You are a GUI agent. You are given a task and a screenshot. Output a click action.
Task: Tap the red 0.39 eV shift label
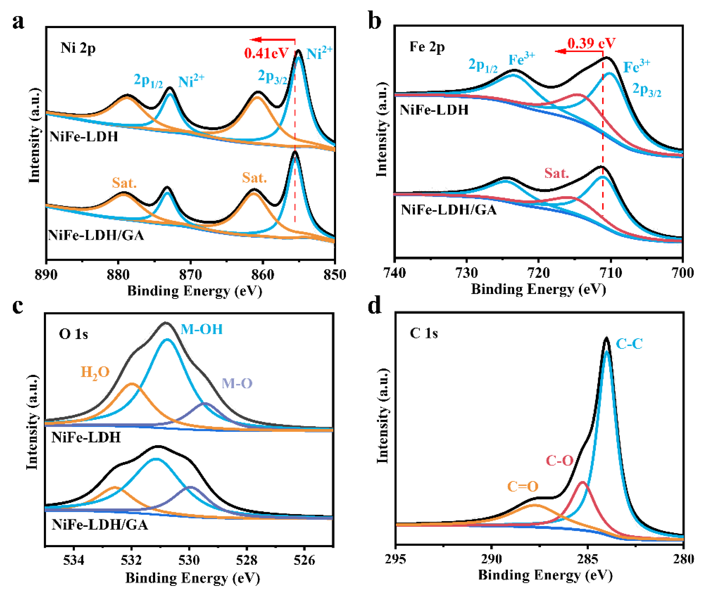[591, 43]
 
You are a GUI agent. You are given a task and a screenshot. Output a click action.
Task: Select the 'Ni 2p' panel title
[78, 48]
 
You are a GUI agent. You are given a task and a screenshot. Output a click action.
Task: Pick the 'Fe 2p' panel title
[427, 47]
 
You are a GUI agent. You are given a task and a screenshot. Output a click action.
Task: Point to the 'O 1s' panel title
[74, 334]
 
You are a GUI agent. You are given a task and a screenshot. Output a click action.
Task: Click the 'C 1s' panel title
[424, 333]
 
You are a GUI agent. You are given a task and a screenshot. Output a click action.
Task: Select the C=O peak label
[523, 487]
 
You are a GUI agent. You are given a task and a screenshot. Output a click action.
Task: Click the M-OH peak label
[202, 329]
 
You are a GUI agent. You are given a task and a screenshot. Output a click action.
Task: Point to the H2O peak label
[95, 372]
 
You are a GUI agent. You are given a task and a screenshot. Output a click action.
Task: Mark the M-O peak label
[237, 383]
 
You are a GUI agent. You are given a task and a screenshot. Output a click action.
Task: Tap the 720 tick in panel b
[539, 273]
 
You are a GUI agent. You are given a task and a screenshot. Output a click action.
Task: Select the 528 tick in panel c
[247, 560]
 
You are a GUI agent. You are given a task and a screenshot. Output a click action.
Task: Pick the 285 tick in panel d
[588, 559]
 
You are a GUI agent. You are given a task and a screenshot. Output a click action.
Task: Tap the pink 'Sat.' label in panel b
[556, 173]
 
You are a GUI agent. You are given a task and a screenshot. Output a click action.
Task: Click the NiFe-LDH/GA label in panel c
[100, 525]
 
